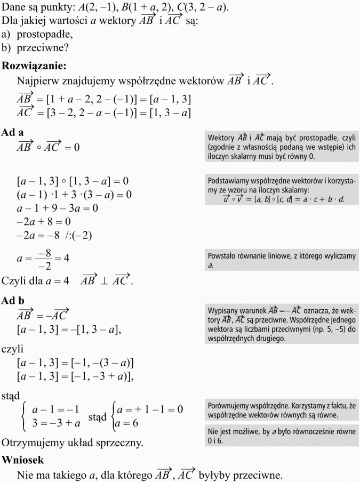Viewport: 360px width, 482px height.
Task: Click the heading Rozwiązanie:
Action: tap(35, 66)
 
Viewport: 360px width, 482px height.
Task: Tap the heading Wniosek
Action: tap(23, 459)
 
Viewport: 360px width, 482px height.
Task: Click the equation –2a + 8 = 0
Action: tap(44, 221)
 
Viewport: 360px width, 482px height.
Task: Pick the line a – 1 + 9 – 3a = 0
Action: tap(58, 208)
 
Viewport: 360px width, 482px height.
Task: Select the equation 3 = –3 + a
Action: tap(57, 423)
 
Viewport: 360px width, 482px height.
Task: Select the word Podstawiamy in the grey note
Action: tap(229, 180)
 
